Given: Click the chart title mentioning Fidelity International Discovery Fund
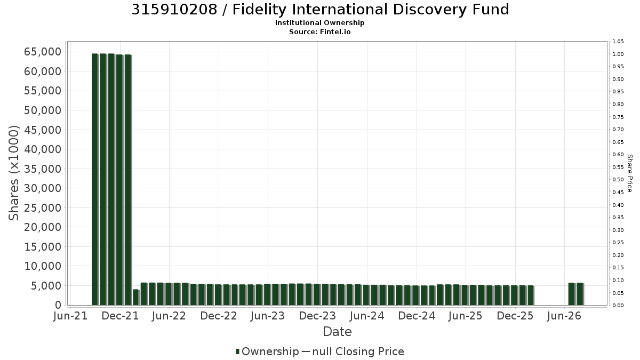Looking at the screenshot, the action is (x=320, y=10).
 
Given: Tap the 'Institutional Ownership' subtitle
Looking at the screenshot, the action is (x=319, y=23).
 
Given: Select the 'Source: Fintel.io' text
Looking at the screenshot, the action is (x=319, y=31).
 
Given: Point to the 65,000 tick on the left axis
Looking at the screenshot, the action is (x=43, y=52).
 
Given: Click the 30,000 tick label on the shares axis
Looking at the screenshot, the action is (x=43, y=188).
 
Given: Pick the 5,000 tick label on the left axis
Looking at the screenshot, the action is (x=46, y=286).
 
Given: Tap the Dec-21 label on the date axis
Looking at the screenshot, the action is (x=121, y=316).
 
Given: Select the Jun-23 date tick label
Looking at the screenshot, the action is (x=268, y=316).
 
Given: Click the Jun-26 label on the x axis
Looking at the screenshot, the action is (x=564, y=316).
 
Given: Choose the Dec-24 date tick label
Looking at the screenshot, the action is (x=417, y=316).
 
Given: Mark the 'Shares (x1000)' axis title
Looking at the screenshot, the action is (x=13, y=173).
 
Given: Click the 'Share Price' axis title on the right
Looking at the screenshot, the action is (x=630, y=173).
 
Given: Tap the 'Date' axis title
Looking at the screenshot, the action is (x=337, y=332).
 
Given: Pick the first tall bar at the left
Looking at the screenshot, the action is (x=95, y=179).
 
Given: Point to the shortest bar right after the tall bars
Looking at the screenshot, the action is (x=136, y=298).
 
